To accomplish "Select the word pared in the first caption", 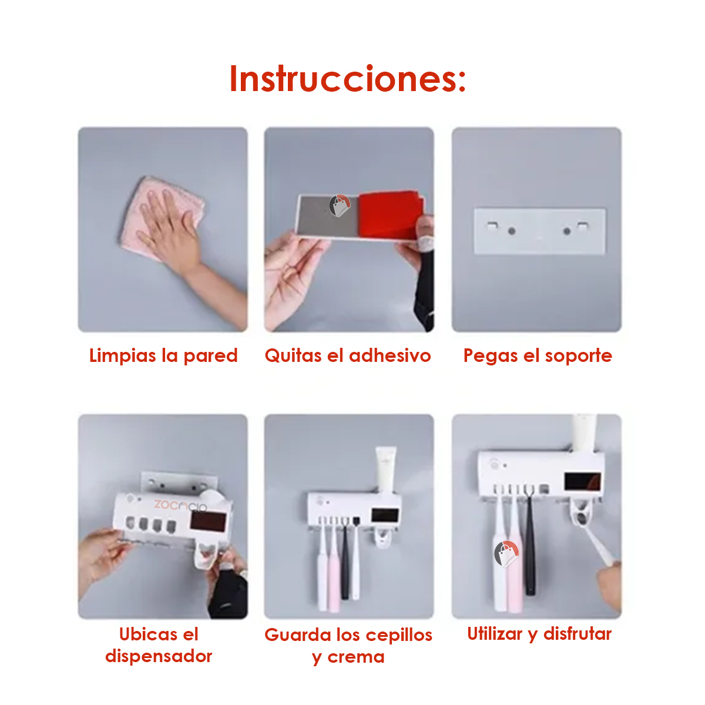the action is (210, 355).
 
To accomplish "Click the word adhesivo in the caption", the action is (390, 355).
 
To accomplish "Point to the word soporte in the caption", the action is (579, 356).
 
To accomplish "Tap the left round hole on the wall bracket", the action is (512, 231).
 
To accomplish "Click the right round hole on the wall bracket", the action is (567, 231).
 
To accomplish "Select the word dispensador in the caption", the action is (159, 656).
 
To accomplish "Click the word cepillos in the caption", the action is (399, 636).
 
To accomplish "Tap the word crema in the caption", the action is (355, 657).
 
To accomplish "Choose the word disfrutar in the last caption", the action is (578, 634).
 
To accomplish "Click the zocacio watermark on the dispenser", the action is (180, 506).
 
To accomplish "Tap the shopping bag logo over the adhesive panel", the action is (340, 205).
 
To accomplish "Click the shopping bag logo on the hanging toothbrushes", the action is (506, 553).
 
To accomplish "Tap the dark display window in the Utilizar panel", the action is (582, 482).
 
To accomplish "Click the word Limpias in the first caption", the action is (123, 355).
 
